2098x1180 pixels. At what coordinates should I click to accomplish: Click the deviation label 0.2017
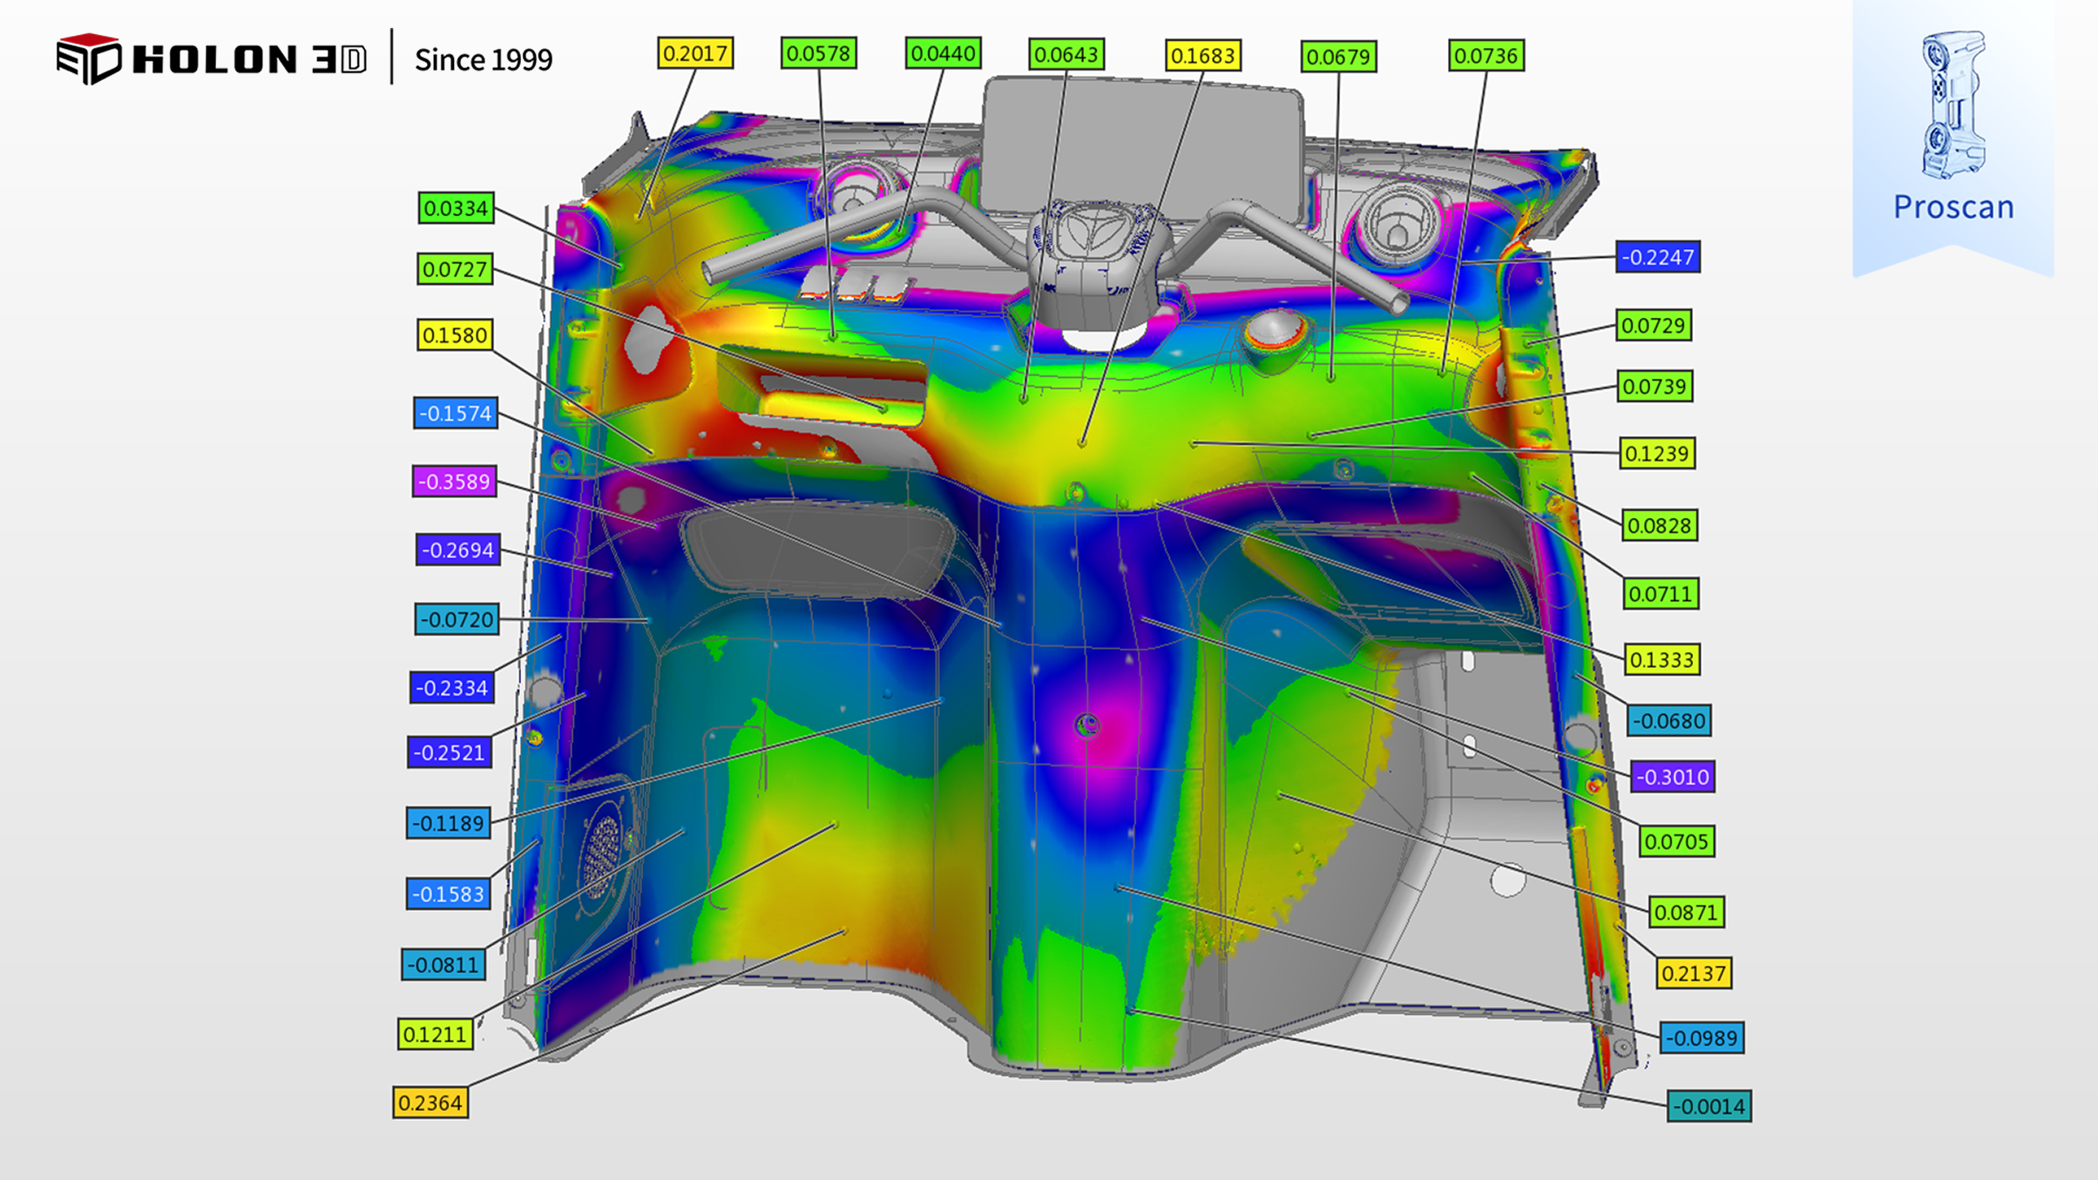695,53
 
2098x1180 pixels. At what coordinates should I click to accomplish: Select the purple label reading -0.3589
454,482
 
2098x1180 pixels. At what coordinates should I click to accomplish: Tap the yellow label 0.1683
1203,56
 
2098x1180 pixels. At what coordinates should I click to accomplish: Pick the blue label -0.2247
1657,257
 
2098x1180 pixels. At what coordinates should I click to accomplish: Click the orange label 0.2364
430,1102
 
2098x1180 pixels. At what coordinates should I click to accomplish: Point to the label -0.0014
1709,1106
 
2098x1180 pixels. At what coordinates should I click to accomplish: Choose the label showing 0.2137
1694,973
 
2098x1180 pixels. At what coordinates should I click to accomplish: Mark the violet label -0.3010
1673,776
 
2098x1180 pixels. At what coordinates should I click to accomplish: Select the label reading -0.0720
457,619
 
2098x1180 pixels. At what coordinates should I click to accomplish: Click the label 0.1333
1661,659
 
